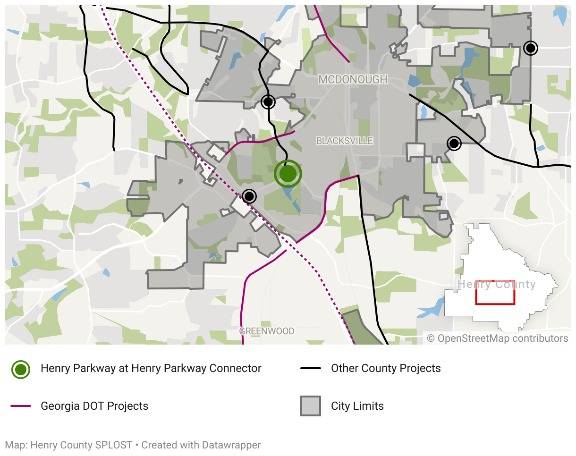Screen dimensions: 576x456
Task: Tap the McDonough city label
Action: tap(353, 80)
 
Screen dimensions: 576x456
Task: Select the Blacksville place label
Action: tap(345, 141)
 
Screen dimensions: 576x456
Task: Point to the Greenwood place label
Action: tap(267, 331)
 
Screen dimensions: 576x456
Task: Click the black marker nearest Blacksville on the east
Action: tap(454, 143)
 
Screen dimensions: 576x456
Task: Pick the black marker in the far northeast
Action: tap(531, 48)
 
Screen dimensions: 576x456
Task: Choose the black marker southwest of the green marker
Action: tap(249, 196)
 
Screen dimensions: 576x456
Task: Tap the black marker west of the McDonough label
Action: tap(268, 101)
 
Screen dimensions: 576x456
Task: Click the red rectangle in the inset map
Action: tap(495, 293)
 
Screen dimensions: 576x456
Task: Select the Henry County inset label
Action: tap(497, 284)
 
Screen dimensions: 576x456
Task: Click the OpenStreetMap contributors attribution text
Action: tap(498, 338)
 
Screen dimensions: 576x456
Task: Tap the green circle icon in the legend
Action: tap(21, 369)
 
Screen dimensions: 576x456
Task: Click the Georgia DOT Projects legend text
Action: tap(94, 406)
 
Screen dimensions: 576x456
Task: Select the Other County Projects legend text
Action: tap(386, 368)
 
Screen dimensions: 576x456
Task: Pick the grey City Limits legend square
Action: tap(311, 406)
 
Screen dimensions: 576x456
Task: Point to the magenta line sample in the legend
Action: tap(21, 406)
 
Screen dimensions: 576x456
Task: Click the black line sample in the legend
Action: tap(311, 368)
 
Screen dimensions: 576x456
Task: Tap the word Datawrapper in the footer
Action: tap(232, 445)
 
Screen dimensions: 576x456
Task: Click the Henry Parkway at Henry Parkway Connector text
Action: tap(151, 368)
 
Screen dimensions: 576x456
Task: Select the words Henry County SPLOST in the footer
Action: tap(81, 445)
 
